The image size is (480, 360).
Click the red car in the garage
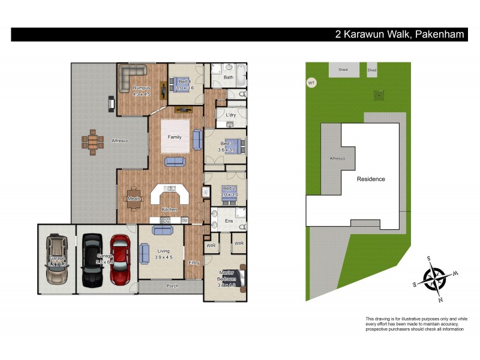coord(120,259)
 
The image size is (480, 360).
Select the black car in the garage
coord(93,259)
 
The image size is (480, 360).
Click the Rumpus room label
coord(141,89)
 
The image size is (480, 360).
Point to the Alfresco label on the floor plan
coord(120,140)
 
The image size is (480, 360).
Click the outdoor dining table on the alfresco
coord(92,142)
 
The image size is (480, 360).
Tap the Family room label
coord(174,137)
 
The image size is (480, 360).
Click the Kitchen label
coord(170,209)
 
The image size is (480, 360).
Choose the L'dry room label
coord(230,115)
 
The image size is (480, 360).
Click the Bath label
coord(229,77)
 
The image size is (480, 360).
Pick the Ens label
coord(228,221)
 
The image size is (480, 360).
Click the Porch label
coord(172,286)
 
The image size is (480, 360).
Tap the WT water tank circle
coord(311,83)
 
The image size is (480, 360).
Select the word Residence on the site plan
coord(371,179)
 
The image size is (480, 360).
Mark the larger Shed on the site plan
coord(343,70)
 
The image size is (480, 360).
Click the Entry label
coord(194,262)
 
